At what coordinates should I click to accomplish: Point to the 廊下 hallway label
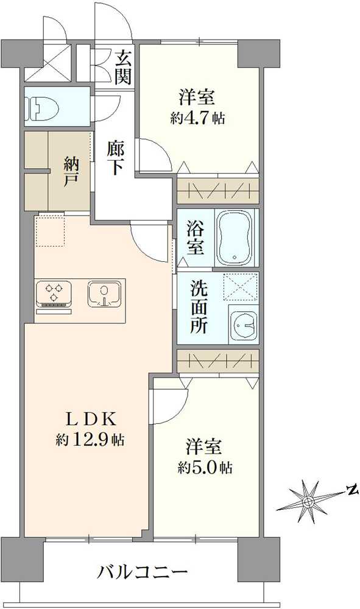tap(114, 158)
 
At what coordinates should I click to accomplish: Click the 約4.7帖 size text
tap(197, 118)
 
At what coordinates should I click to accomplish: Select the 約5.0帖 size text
tap(205, 468)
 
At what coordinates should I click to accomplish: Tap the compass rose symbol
tap(309, 501)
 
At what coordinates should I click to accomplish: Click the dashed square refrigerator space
tap(50, 231)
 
